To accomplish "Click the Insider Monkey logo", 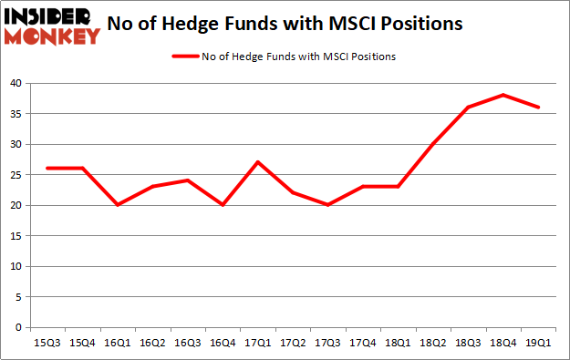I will (52, 26).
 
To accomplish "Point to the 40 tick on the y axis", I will (17, 83).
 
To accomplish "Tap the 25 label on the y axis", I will (17, 175).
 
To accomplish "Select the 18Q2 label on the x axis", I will (431, 343).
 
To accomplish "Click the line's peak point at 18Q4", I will (502, 95).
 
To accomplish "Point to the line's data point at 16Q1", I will (116, 205).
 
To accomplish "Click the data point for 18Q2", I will (431, 144).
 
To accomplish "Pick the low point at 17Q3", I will (326, 205).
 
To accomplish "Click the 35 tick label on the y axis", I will (17, 114).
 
